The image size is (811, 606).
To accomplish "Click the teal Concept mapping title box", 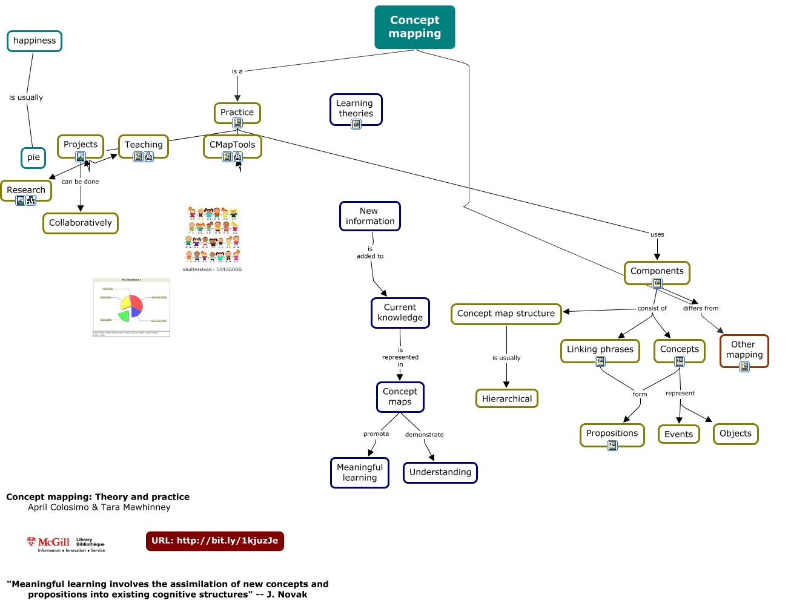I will (x=414, y=27).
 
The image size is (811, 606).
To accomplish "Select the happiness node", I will (x=35, y=41).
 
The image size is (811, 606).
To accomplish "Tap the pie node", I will (x=33, y=157).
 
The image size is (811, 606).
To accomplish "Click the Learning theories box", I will (x=356, y=108).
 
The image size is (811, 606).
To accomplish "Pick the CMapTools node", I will (x=232, y=145).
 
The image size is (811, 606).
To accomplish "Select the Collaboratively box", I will (x=81, y=223).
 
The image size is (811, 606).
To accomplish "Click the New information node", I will (x=369, y=216).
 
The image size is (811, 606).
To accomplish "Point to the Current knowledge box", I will (x=400, y=312).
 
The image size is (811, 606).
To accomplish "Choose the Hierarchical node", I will (x=506, y=398).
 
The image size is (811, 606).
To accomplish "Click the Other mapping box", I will (x=744, y=350).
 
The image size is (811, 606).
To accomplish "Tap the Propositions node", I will (x=612, y=433).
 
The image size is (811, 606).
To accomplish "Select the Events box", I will (x=678, y=434).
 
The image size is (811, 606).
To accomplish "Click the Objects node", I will (x=735, y=433).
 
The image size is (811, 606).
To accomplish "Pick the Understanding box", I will (x=440, y=472).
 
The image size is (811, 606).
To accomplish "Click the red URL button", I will (x=214, y=541).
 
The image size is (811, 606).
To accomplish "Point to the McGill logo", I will (x=65, y=544).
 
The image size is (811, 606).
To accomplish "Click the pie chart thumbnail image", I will (x=131, y=308).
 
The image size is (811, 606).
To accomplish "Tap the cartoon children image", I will (x=213, y=235).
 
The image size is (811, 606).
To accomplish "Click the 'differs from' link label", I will (x=700, y=308).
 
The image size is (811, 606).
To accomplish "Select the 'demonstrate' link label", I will (x=424, y=435).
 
